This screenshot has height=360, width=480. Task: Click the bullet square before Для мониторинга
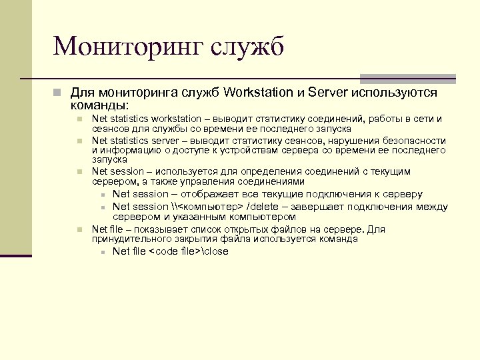pyautogui.click(x=59, y=93)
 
